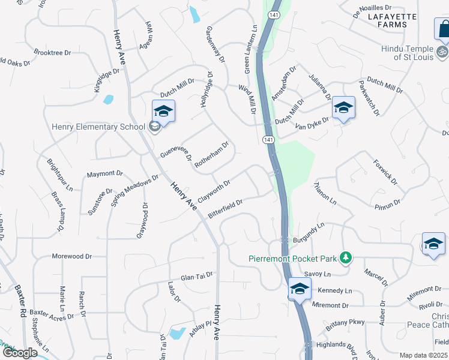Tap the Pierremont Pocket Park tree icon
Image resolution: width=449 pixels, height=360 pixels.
click(x=345, y=258)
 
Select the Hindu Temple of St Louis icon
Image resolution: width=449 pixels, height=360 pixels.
click(x=442, y=52)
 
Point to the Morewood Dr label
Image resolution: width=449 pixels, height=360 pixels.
click(x=71, y=256)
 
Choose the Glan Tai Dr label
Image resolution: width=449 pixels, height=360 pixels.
click(x=197, y=275)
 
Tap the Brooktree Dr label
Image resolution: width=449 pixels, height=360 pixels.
click(x=52, y=53)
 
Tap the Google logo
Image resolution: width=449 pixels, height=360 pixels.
click(x=20, y=353)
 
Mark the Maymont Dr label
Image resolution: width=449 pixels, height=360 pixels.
click(x=104, y=174)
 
